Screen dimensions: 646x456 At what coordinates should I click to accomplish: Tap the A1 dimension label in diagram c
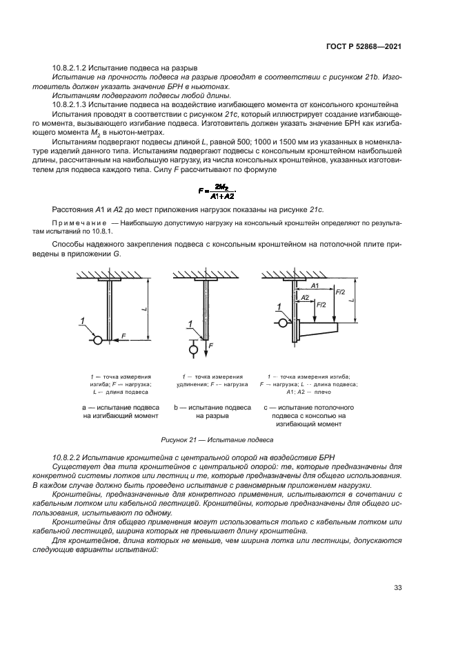pyautogui.click(x=315, y=285)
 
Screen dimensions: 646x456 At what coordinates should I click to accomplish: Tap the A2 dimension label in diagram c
pyautogui.click(x=304, y=297)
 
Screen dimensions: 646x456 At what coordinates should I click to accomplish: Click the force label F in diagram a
pyautogui.click(x=123, y=335)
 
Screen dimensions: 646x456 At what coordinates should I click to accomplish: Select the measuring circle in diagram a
pyautogui.click(x=98, y=340)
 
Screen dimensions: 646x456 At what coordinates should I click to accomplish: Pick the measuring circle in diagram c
pyautogui.click(x=283, y=322)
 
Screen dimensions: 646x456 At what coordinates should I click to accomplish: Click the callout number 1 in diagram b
pyautogui.click(x=189, y=323)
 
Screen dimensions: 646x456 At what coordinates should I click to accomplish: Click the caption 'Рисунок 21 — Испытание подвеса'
pyautogui.click(x=217, y=439)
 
